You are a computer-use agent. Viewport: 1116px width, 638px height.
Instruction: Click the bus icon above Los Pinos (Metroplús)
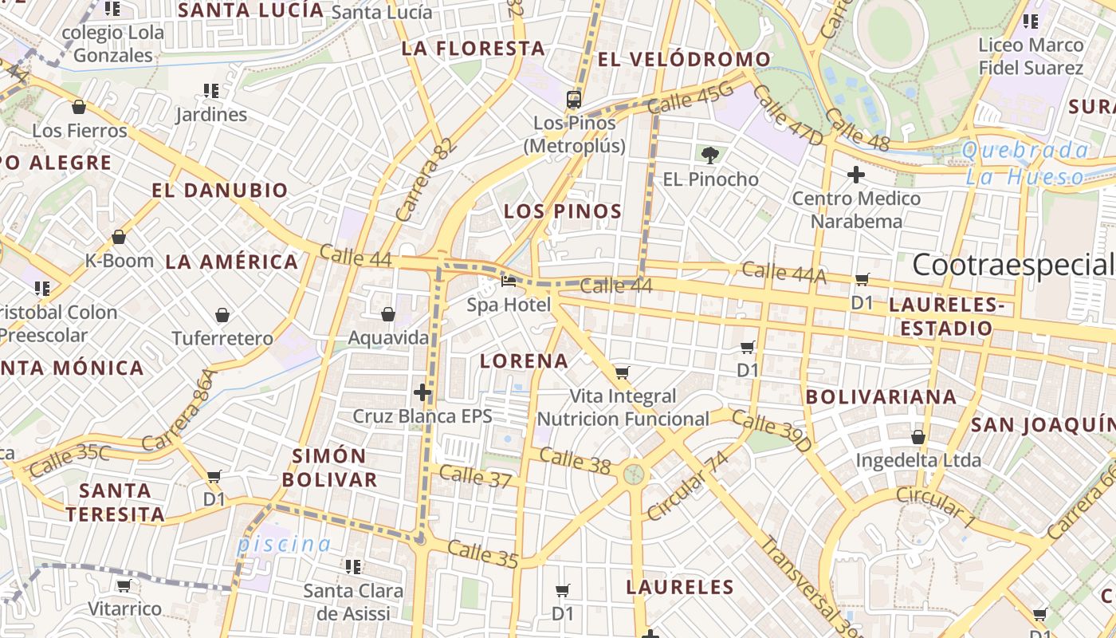pos(574,100)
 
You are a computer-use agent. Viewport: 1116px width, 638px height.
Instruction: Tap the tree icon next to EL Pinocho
pos(709,155)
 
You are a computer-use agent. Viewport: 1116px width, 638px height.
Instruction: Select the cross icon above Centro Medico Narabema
pos(856,174)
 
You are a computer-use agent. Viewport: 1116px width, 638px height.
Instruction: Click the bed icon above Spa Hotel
pos(509,281)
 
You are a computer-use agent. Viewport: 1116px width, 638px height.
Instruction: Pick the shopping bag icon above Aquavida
pos(388,314)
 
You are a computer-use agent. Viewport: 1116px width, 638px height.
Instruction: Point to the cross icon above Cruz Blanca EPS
pos(422,392)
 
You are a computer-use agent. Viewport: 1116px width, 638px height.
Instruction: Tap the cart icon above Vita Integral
pos(623,372)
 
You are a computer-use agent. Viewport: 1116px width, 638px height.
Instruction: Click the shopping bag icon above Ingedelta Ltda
pos(918,437)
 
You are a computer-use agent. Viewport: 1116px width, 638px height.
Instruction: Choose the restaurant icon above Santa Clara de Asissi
pos(352,567)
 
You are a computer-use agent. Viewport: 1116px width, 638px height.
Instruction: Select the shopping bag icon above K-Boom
pos(119,237)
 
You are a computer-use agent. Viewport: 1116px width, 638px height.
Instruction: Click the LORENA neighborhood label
pos(524,360)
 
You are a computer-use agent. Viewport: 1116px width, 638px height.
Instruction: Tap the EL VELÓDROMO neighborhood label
pos(684,59)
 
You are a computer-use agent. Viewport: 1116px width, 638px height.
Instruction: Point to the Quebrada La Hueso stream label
pos(1025,163)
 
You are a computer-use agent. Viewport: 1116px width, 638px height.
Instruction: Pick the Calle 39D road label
pos(771,431)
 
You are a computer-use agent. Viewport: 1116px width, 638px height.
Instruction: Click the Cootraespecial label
pos(1012,265)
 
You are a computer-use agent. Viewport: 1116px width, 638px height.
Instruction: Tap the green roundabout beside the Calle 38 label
pos(634,475)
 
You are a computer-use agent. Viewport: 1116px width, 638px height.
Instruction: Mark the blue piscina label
pos(284,545)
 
